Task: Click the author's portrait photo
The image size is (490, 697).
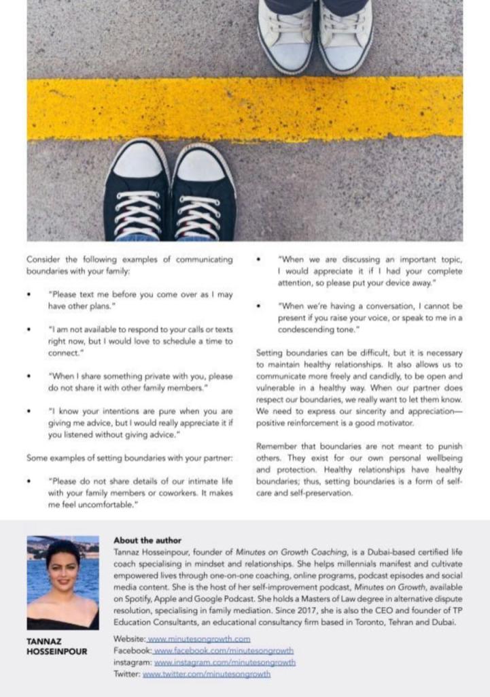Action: (63, 583)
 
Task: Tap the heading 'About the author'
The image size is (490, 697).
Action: (147, 540)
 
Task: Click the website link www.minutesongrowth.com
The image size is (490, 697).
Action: (199, 639)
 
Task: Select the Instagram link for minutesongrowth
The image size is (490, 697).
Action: (225, 662)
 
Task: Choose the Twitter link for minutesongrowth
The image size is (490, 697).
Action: (207, 674)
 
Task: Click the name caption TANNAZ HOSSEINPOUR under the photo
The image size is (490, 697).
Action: (57, 646)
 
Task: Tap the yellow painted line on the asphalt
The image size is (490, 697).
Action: (245, 109)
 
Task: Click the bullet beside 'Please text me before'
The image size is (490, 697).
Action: (29, 295)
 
